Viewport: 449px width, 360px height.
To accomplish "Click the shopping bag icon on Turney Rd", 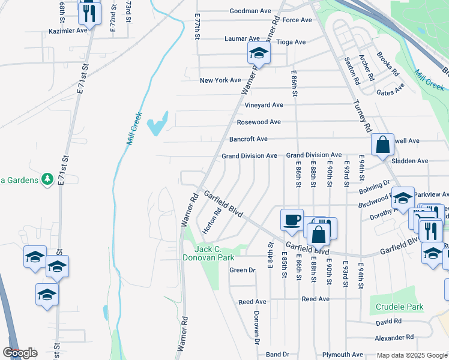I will pos(382,145).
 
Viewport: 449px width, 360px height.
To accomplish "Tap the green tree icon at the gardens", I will pos(47,179).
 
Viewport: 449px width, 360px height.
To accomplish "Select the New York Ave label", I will pos(220,80).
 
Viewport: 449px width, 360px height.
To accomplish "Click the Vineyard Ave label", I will pos(264,105).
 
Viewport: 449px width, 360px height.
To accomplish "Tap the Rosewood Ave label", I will pos(259,122).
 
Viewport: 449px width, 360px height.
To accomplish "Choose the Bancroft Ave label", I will pos(249,139).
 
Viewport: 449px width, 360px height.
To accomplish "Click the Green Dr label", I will pos(243,270).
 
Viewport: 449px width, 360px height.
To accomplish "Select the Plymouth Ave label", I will pos(342,355).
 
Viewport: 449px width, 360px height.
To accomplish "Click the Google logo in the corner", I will pos(20,353).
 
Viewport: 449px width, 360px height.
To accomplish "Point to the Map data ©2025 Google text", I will pos(411,355).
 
